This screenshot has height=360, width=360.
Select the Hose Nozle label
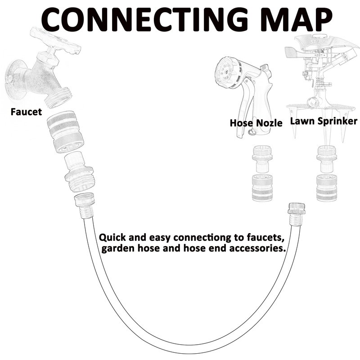[256, 122]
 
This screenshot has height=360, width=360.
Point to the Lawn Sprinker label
[324, 121]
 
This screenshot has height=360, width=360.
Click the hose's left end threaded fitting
[84, 205]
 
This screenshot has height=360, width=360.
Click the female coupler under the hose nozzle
[262, 188]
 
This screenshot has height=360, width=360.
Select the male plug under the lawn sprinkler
[326, 158]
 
